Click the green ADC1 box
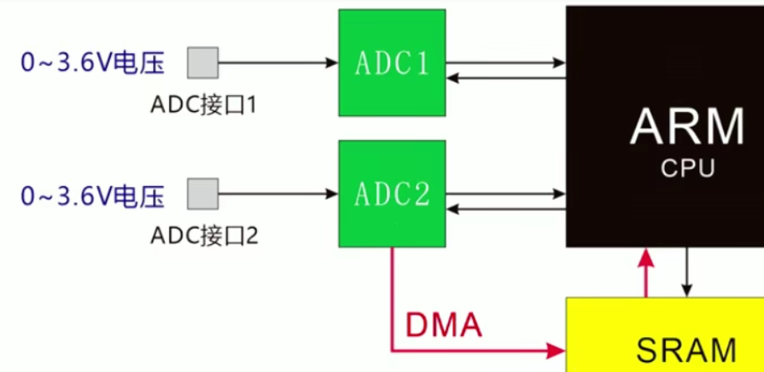(392, 64)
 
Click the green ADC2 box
(392, 194)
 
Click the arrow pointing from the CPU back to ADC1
(505, 78)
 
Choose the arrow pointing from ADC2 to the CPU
(505, 194)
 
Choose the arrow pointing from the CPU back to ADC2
(505, 210)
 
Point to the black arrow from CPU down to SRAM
(687, 272)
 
